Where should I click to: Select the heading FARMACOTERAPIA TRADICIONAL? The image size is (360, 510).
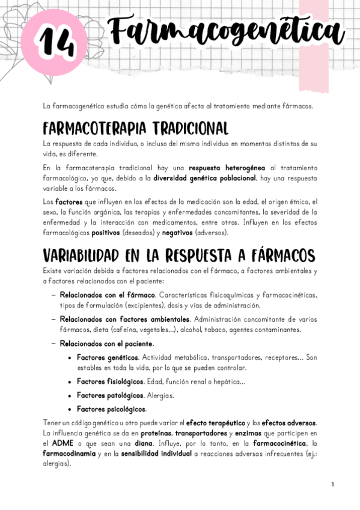click(135, 129)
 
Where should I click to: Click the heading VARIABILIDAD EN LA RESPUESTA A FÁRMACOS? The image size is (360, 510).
click(179, 256)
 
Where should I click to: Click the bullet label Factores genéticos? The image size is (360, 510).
click(110, 357)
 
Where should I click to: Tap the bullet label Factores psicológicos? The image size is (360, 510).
click(111, 409)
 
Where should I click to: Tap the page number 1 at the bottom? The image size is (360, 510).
click(332, 484)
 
